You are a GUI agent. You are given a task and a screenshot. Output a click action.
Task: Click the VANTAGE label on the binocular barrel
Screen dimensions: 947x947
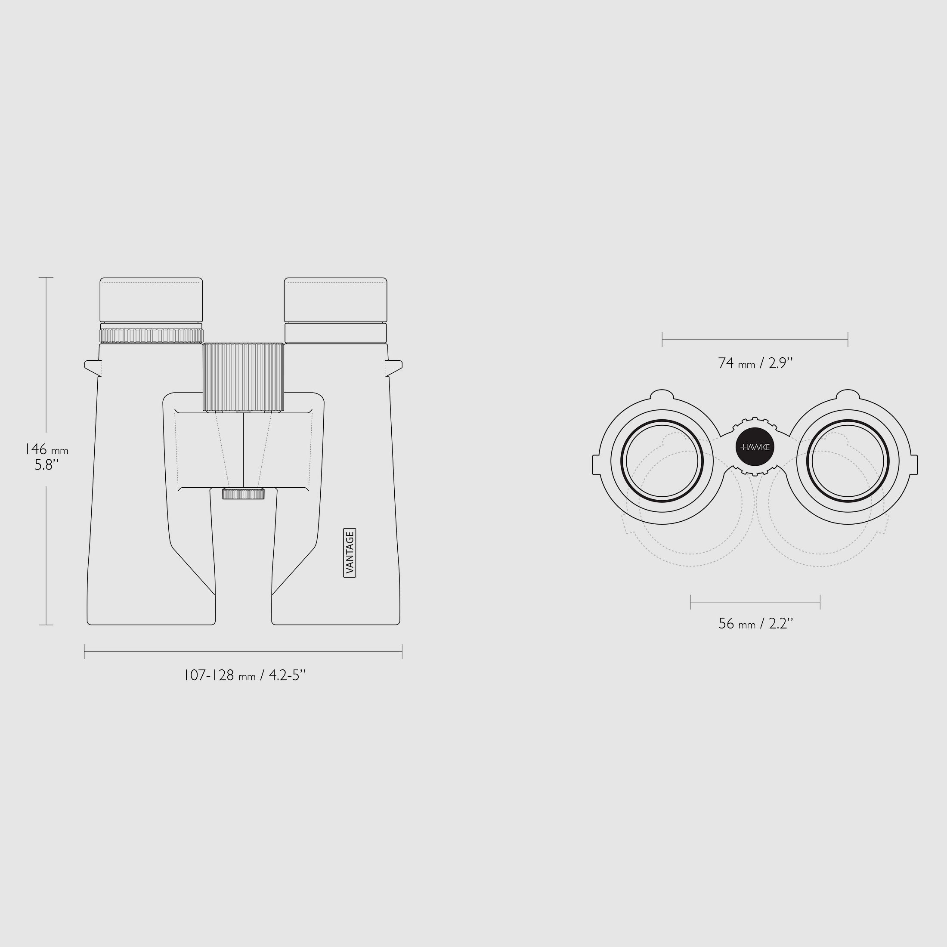(350, 552)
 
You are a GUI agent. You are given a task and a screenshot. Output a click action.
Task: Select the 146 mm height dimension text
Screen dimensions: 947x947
(46, 449)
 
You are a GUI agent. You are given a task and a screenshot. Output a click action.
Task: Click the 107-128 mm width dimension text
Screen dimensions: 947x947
(244, 675)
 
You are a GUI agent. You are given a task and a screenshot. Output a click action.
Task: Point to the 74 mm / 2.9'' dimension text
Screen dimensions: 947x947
(755, 363)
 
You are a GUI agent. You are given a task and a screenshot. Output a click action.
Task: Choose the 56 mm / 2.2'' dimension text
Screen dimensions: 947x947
(755, 623)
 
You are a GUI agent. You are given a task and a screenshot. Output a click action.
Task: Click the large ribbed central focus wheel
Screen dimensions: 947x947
(244, 377)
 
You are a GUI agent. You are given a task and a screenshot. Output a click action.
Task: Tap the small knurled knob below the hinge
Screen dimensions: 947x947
(243, 494)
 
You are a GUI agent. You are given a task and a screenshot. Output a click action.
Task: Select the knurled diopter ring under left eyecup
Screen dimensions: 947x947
(152, 336)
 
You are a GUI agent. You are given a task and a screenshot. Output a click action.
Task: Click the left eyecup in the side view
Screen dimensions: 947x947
(152, 300)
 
